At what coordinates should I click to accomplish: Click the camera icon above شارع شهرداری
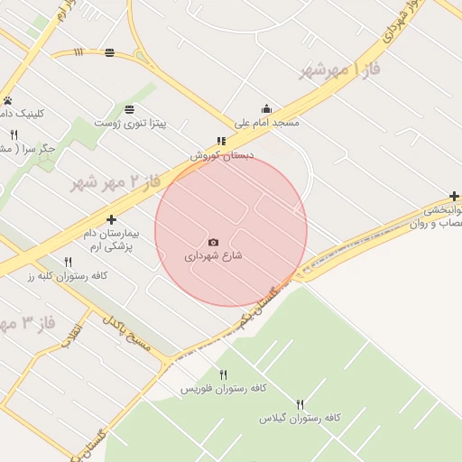pyautogui.click(x=213, y=242)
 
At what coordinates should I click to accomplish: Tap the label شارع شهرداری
pyautogui.click(x=214, y=256)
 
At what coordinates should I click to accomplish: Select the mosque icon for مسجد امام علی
pyautogui.click(x=265, y=108)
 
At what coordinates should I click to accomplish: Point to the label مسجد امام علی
pyautogui.click(x=266, y=122)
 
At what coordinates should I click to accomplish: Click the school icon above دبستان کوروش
pyautogui.click(x=221, y=141)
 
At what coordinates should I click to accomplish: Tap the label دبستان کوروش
pyautogui.click(x=222, y=155)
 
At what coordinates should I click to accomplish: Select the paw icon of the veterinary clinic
pyautogui.click(x=7, y=100)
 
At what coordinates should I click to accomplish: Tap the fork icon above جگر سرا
pyautogui.click(x=14, y=134)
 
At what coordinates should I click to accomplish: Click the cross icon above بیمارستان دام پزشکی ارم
pyautogui.click(x=111, y=219)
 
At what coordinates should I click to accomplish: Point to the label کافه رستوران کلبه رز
pyautogui.click(x=68, y=275)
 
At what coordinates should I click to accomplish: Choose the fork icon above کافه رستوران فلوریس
pyautogui.click(x=223, y=374)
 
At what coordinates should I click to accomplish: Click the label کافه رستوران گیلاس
pyautogui.click(x=300, y=418)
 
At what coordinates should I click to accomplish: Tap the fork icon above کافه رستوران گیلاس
pyautogui.click(x=300, y=404)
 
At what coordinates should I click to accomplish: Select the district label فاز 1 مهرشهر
pyautogui.click(x=342, y=69)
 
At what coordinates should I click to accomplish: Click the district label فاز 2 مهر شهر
pyautogui.click(x=115, y=182)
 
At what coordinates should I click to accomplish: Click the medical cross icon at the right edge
pyautogui.click(x=454, y=197)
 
